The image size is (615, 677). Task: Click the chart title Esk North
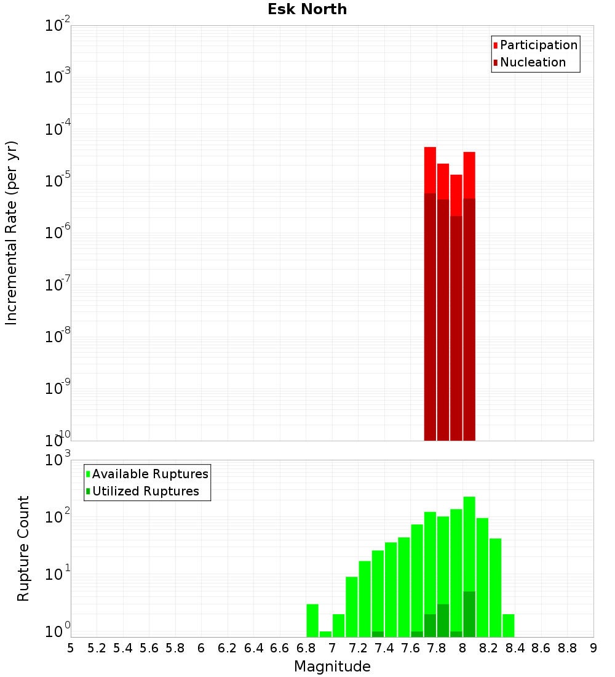tap(307, 9)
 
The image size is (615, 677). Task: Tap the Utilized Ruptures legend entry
tap(145, 491)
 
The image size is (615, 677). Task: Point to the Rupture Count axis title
tap(23, 548)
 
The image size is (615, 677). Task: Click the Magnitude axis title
tap(332, 667)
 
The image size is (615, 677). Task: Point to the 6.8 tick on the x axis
tap(306, 648)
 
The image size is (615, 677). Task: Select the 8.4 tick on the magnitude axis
tap(515, 648)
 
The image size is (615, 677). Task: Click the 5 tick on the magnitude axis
tap(71, 648)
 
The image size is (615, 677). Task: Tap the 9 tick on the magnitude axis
tap(593, 648)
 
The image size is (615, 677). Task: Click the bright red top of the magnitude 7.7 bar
tap(430, 170)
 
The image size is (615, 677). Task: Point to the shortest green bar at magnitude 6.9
tap(325, 634)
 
